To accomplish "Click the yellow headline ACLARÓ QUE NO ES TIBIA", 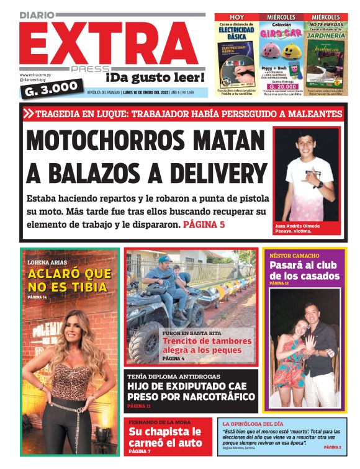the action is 69,280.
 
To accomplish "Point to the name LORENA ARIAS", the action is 47,262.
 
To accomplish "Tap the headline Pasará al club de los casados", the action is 304,270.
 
